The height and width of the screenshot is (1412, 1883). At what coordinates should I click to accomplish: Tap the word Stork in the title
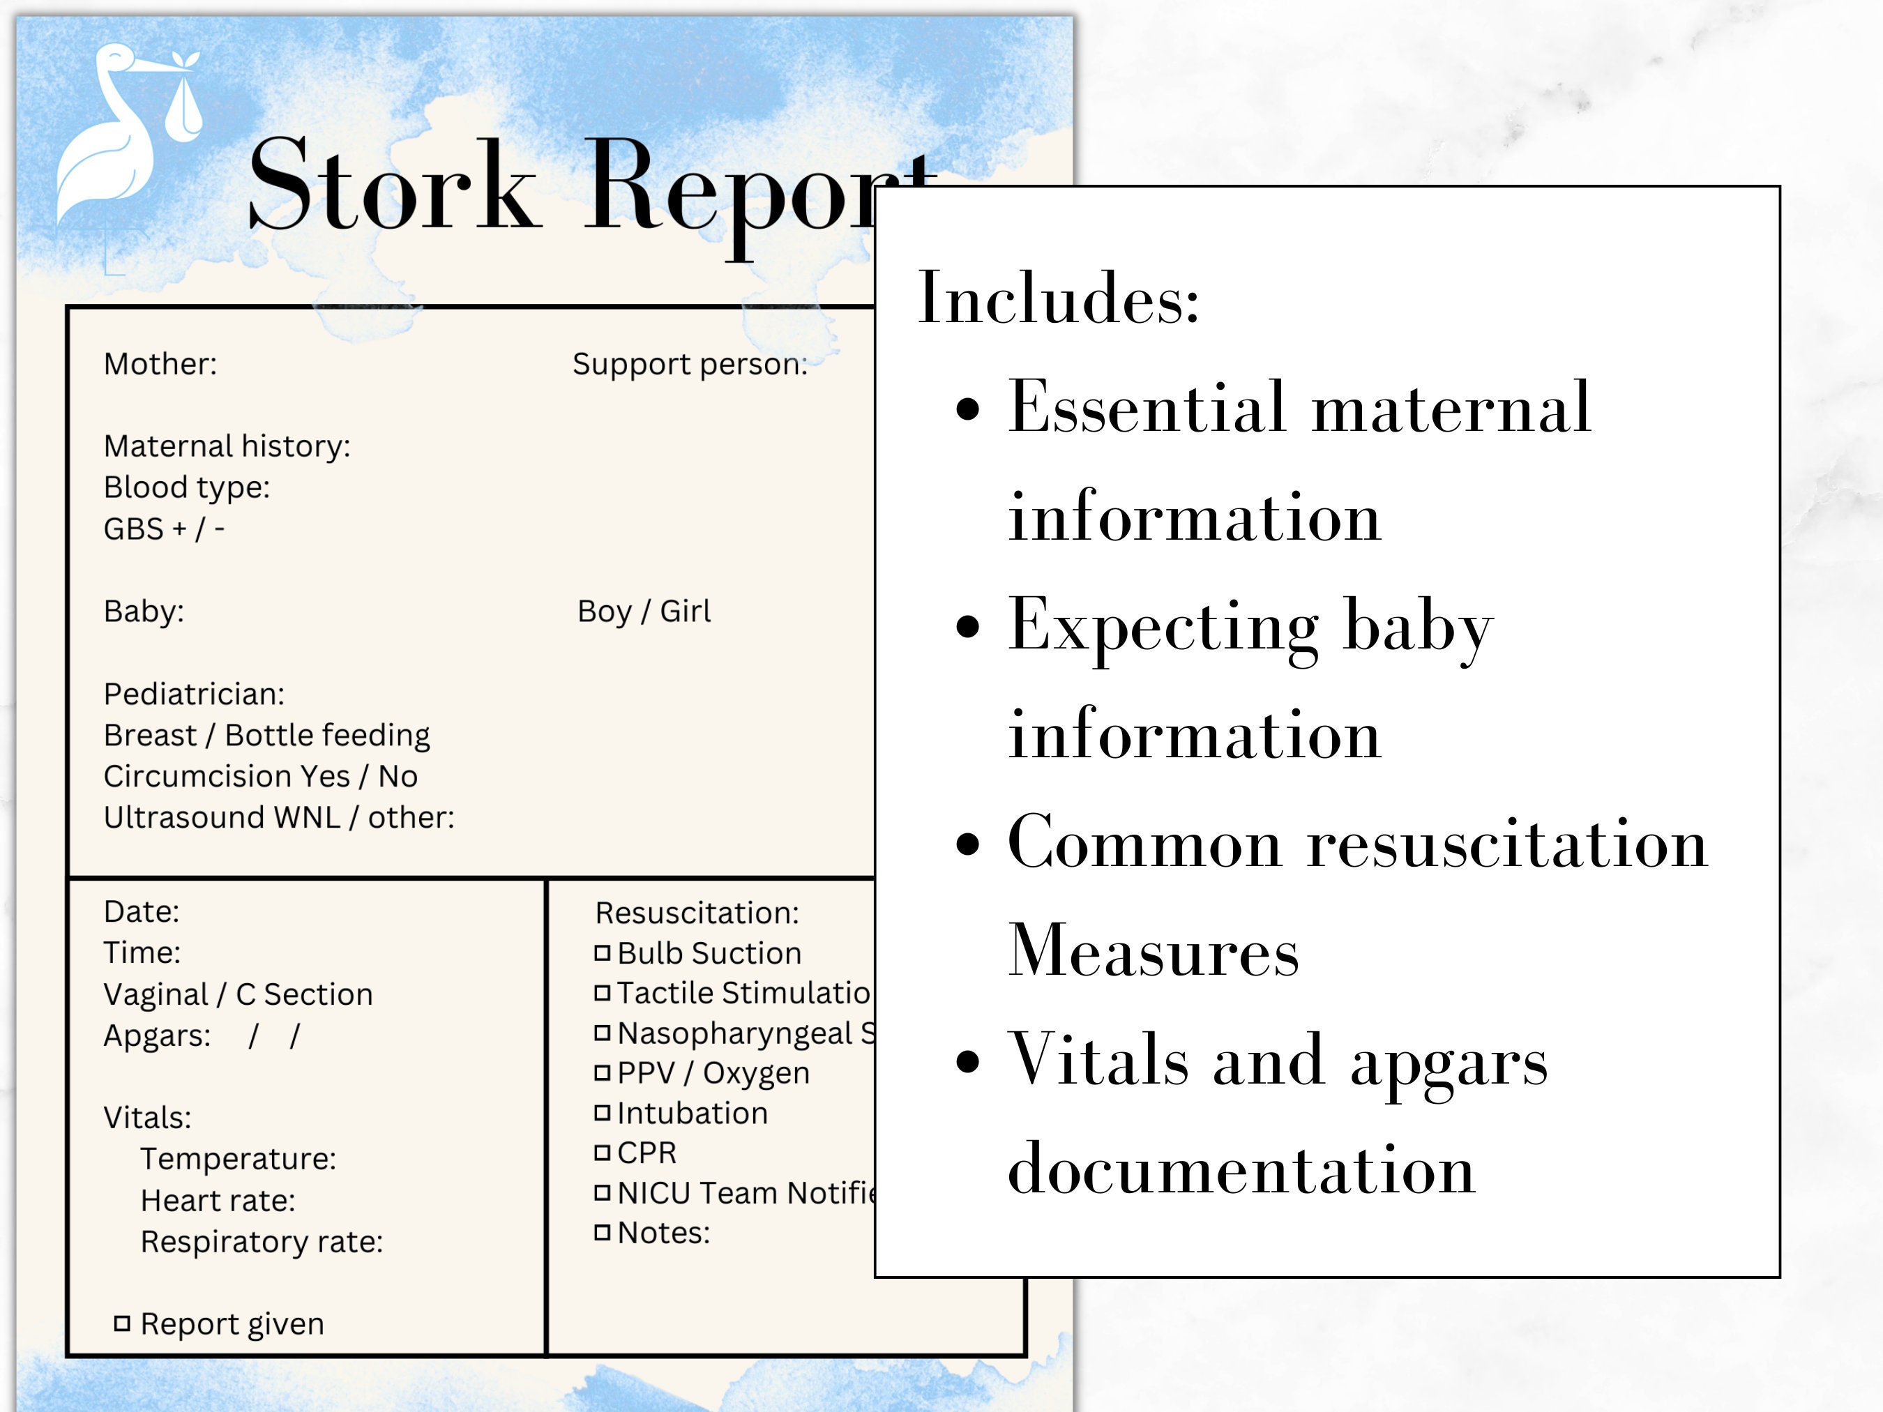[393, 185]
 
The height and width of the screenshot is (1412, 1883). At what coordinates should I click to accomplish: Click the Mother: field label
[160, 364]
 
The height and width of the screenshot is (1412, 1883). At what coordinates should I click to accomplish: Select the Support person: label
[690, 364]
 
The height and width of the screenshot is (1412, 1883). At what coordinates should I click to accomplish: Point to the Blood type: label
[186, 487]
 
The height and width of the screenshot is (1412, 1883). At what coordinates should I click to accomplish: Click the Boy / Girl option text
[644, 611]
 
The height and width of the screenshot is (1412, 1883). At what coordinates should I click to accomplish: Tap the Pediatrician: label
[194, 694]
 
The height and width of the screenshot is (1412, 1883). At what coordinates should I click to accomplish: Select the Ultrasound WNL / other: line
[279, 818]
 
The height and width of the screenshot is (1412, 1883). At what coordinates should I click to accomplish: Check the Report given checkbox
[123, 1323]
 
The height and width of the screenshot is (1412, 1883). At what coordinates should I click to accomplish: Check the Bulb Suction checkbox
[603, 953]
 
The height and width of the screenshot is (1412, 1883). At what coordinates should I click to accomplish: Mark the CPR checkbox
[603, 1153]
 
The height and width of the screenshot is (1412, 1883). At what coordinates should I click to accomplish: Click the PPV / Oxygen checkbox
[603, 1073]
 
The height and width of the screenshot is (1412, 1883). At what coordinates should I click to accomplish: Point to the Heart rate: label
[218, 1201]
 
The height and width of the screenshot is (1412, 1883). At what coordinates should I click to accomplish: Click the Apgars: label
[157, 1035]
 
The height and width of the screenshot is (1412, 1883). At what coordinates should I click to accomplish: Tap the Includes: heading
[1058, 298]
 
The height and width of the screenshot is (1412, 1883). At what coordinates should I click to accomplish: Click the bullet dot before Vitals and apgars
[968, 1062]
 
